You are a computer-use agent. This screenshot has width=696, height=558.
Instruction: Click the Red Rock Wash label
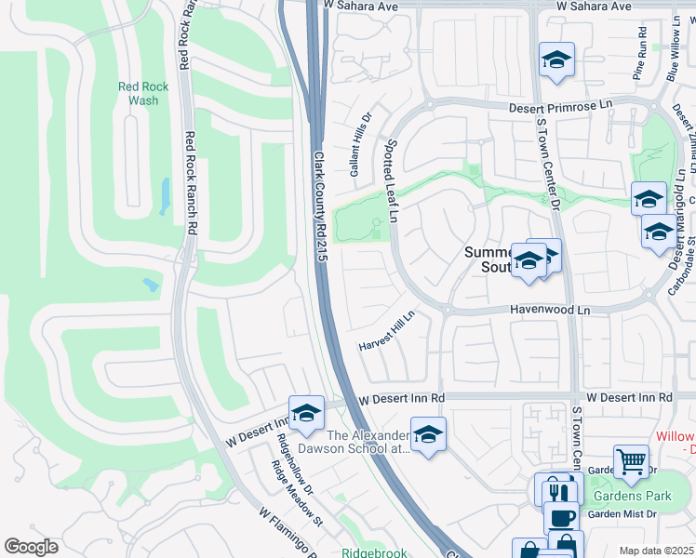(x=143, y=93)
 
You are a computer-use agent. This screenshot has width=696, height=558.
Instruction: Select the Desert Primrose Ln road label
(x=561, y=107)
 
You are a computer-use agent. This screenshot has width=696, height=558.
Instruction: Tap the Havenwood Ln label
(x=550, y=311)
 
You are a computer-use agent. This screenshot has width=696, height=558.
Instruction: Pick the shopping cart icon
(x=631, y=462)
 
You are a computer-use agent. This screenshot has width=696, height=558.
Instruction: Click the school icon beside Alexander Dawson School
(x=428, y=434)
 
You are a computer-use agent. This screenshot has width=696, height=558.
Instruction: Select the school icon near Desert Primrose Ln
(x=556, y=60)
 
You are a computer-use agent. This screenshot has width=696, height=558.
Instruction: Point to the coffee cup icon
(x=559, y=517)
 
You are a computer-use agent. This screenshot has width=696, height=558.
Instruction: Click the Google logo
(x=32, y=547)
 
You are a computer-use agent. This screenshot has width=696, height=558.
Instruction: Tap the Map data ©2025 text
(x=656, y=551)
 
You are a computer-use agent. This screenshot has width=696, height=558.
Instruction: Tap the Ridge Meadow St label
(x=296, y=493)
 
